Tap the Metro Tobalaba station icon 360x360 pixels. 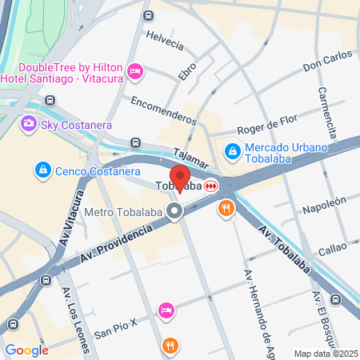(175, 212)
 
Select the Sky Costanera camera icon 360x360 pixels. (29, 123)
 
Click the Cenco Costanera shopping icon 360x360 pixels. (42, 170)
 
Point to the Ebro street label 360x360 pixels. (187, 70)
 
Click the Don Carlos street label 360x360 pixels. (326, 60)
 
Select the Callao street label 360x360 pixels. (332, 250)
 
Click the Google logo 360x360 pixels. (26, 350)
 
